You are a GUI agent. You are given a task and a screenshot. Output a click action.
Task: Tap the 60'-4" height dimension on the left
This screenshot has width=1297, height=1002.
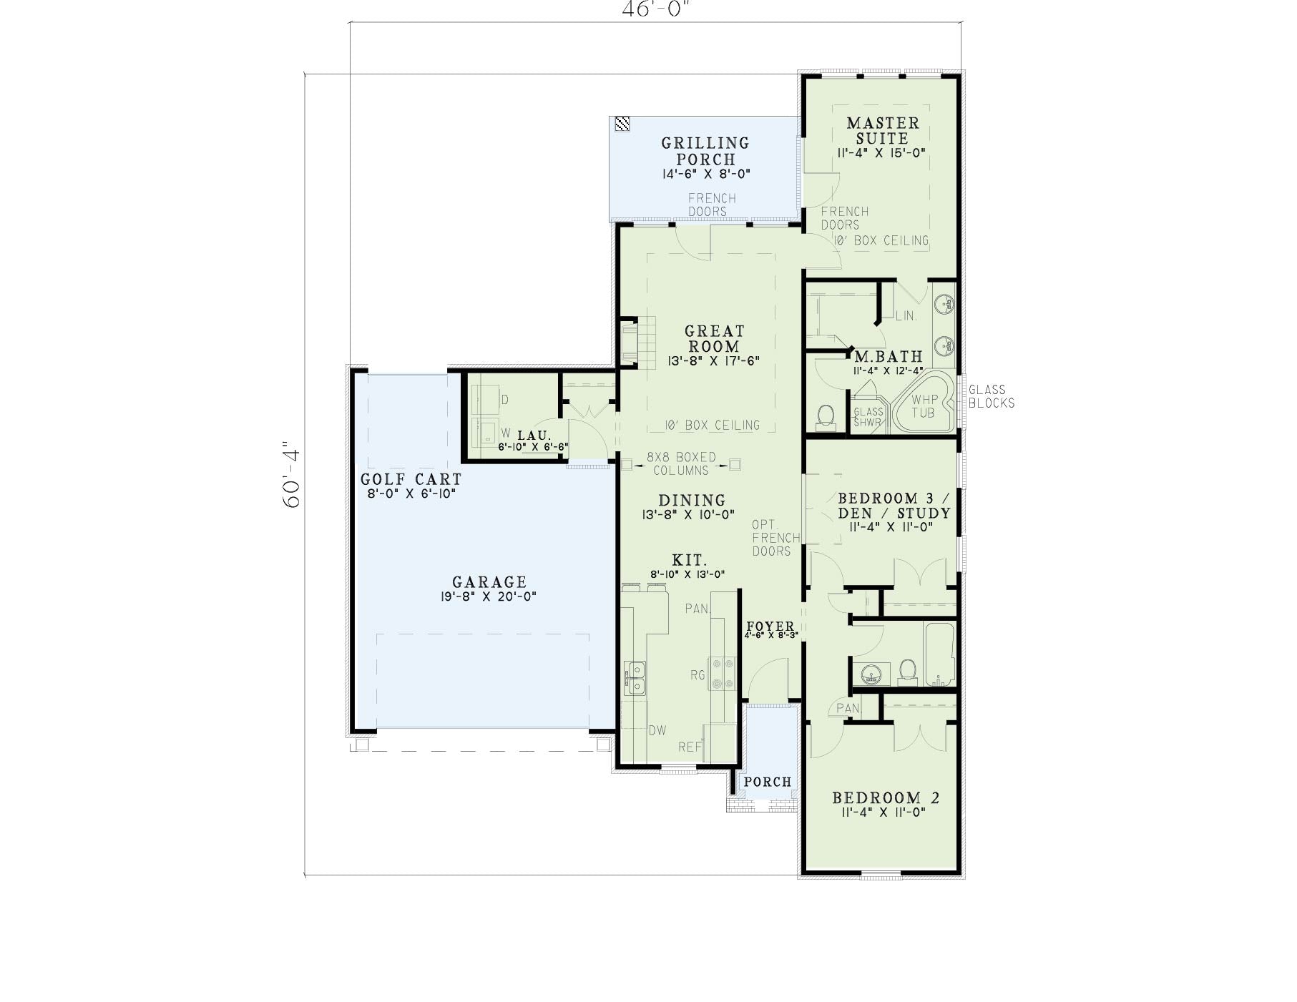tap(292, 473)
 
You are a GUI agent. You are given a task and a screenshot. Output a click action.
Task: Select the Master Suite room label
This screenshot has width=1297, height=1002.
tap(882, 131)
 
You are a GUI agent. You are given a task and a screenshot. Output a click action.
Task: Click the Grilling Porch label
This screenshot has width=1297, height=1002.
tap(705, 151)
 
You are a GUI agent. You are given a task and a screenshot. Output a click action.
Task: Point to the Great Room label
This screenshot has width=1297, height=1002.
tap(714, 338)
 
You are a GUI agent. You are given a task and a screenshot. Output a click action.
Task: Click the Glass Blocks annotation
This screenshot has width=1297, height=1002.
tap(991, 396)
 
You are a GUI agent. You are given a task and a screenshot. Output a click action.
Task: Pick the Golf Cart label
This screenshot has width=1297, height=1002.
tap(411, 479)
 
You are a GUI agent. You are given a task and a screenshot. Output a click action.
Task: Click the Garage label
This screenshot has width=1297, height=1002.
tap(489, 582)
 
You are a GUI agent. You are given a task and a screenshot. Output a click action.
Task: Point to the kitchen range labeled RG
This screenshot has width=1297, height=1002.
tap(722, 674)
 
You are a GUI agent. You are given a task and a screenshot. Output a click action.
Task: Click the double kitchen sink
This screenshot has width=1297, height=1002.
tap(635, 678)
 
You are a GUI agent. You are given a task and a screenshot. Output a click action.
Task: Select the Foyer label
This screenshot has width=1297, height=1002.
tap(770, 627)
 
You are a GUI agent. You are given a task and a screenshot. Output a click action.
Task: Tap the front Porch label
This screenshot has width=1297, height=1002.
tap(768, 782)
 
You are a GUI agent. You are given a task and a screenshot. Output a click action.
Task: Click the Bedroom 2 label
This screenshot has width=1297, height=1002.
tap(886, 797)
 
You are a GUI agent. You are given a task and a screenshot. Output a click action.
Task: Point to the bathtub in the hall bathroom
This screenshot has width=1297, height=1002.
tap(939, 654)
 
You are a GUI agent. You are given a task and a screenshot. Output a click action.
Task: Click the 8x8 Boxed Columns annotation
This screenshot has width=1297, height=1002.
tap(681, 463)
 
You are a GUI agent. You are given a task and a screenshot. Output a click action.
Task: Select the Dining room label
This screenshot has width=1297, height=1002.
tap(692, 500)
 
